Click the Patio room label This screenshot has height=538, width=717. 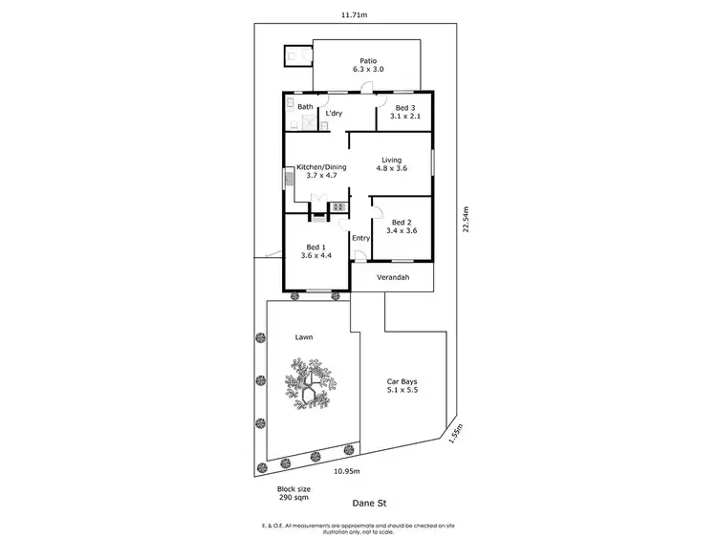[367, 63]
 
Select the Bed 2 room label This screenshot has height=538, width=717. [402, 225]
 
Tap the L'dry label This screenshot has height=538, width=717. [335, 114]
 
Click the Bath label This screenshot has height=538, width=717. [305, 107]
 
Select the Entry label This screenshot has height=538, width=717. [360, 238]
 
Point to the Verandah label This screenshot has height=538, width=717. [392, 277]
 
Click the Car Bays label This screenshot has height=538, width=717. [402, 384]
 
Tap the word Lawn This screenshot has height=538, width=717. [304, 337]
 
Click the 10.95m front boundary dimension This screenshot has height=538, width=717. [346, 471]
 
